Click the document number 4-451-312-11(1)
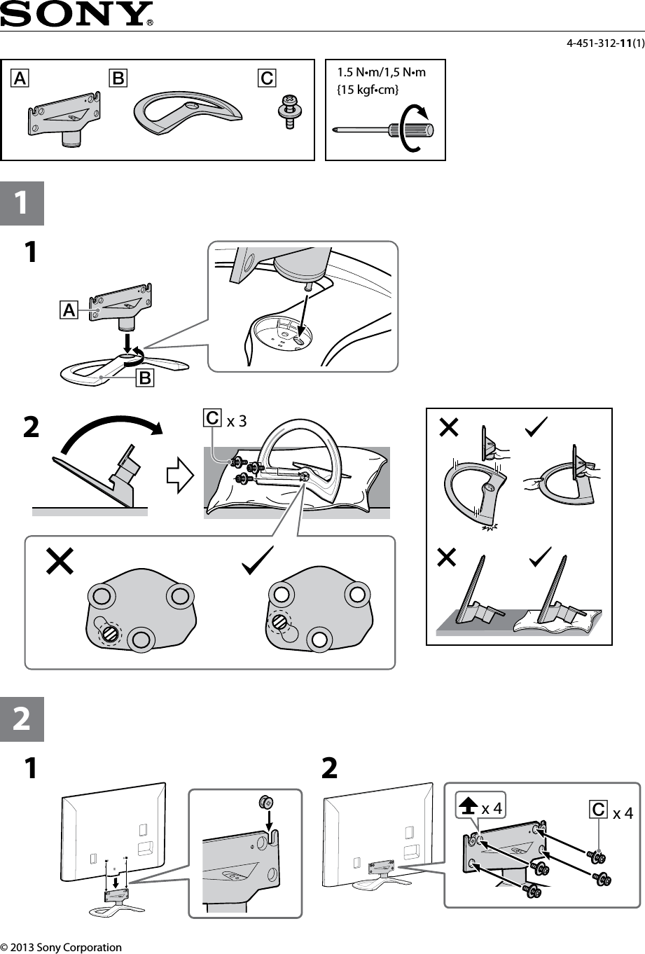605,44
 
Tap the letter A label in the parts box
19,78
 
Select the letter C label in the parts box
266,78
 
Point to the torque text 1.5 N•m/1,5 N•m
381,72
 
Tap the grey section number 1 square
22,203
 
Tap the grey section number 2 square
22,719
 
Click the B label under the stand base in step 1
145,378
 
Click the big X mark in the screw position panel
60,561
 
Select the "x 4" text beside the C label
623,813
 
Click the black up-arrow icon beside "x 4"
467,807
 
